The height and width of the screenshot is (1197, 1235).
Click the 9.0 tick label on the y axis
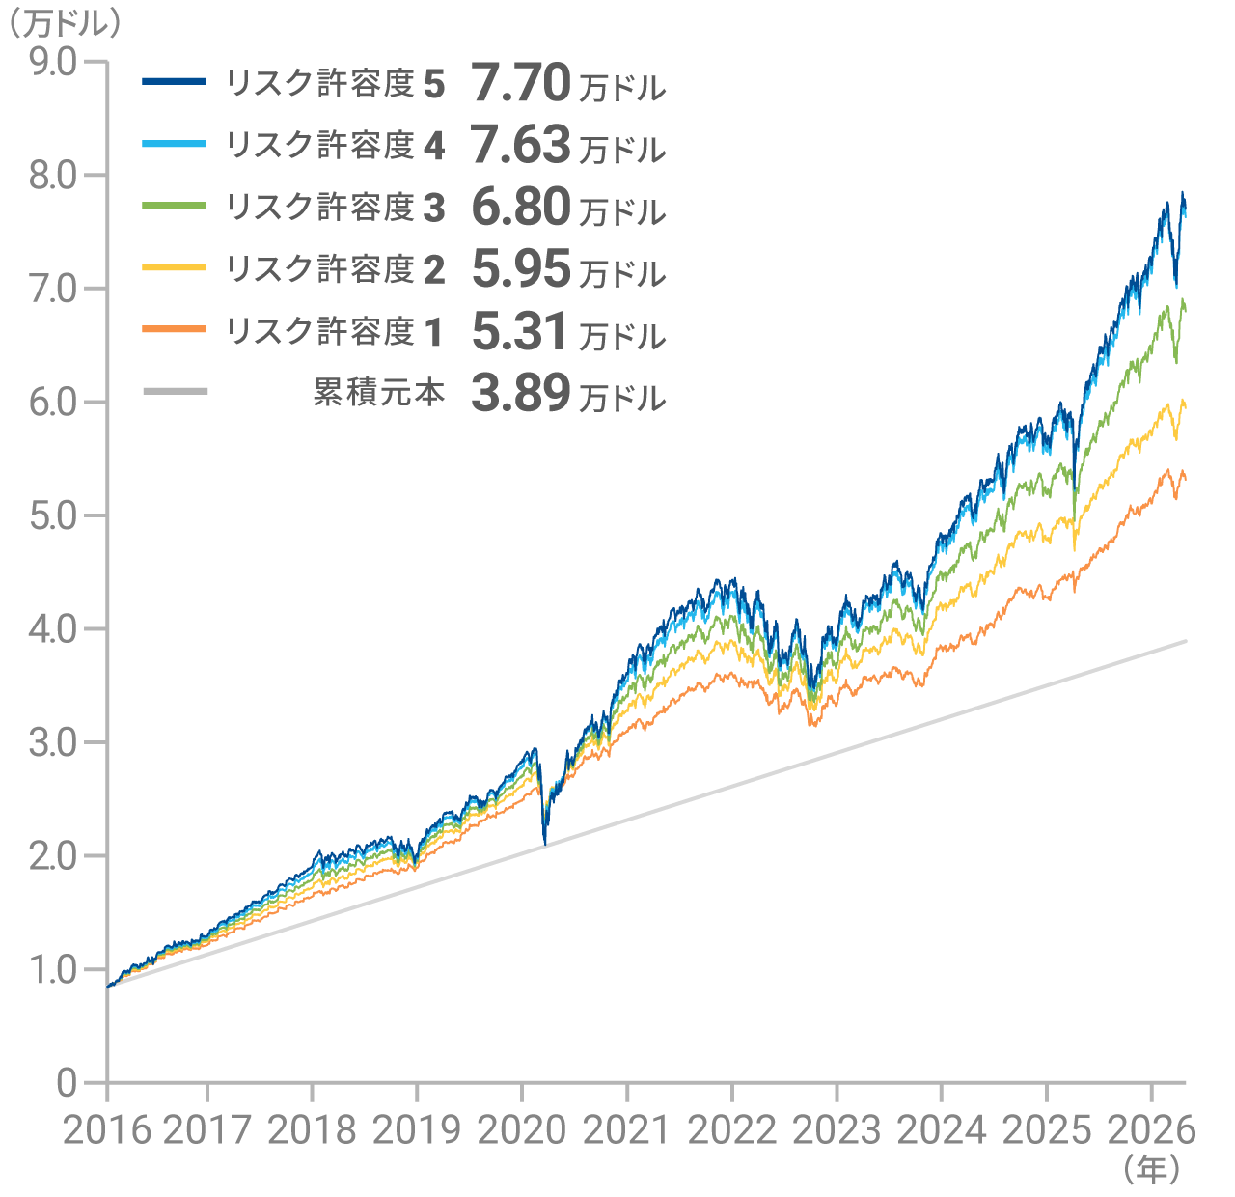click(x=53, y=63)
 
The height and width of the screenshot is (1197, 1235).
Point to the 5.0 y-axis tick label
click(x=53, y=515)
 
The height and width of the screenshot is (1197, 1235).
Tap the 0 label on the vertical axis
click(x=67, y=1083)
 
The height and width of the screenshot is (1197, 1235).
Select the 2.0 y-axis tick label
click(x=53, y=856)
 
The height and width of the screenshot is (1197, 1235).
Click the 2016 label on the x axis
click(x=107, y=1131)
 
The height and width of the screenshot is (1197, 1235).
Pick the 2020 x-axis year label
click(x=522, y=1131)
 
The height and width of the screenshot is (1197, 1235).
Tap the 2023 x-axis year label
click(x=837, y=1131)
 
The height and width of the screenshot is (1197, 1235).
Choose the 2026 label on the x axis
click(x=1151, y=1131)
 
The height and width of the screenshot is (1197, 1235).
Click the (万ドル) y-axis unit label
click(x=66, y=24)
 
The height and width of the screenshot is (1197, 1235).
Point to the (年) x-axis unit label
click(x=1151, y=1169)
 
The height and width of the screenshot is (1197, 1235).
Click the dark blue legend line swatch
click(x=175, y=81)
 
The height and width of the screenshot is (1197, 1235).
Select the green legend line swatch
click(x=175, y=205)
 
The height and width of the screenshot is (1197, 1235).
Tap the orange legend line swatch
click(x=175, y=329)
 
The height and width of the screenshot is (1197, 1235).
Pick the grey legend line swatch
click(x=176, y=391)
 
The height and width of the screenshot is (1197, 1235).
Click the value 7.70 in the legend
click(x=521, y=83)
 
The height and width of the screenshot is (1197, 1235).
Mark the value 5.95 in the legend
click(x=521, y=268)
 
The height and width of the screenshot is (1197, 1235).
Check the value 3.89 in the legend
click(x=521, y=393)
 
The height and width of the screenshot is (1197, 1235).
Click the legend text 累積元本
click(x=379, y=393)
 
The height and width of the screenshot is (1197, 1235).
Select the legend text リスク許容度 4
click(x=336, y=146)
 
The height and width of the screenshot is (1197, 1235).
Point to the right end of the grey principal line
click(x=1186, y=641)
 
